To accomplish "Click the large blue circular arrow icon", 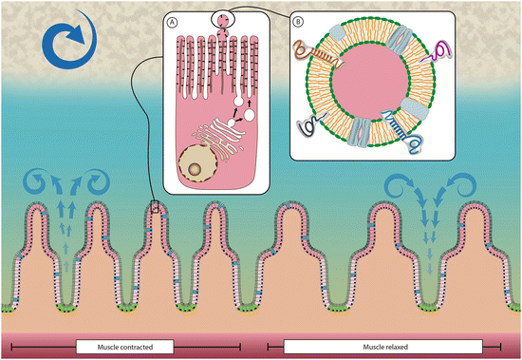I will pyautogui.click(x=65, y=50).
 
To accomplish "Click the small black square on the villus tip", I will pyautogui.click(x=157, y=204).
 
